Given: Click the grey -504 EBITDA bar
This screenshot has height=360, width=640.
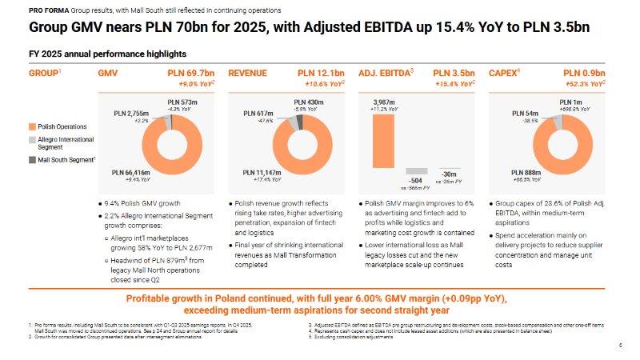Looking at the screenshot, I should tap(415, 170).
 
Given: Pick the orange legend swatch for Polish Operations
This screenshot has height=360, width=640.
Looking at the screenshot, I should tap(32, 126).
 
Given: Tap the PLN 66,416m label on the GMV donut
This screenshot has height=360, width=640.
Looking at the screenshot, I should tap(131, 172).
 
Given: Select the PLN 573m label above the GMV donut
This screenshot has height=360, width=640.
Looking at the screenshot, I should tap(182, 102).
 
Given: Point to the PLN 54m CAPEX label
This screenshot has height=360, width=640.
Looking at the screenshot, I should tap(525, 113).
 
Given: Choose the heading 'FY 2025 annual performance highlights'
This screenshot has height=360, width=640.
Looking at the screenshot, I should tap(108, 54).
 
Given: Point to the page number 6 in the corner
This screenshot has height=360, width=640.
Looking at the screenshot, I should tap(621, 345).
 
